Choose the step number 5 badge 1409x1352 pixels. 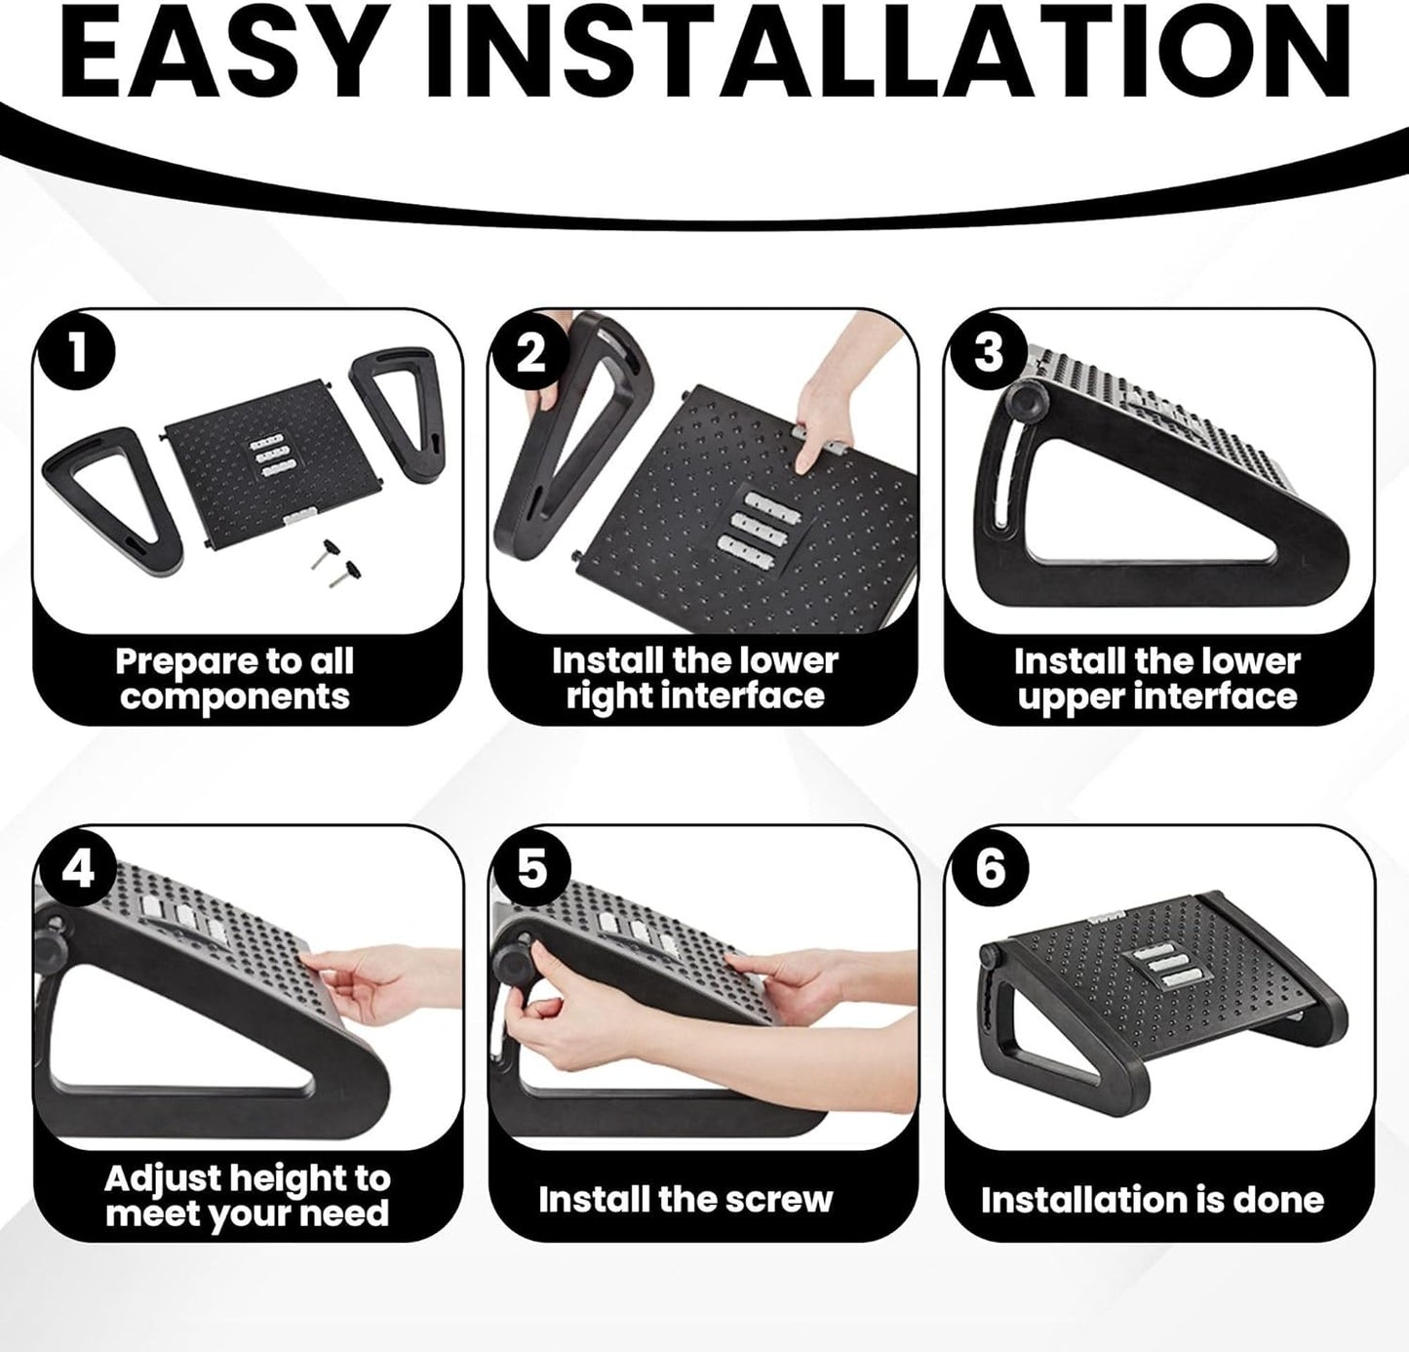tap(531, 868)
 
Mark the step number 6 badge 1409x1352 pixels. tap(989, 868)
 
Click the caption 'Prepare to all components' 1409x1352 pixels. tap(234, 679)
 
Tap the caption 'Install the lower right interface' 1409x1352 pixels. tap(694, 679)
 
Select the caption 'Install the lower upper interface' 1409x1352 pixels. tap(1157, 679)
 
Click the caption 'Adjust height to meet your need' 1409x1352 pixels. tap(247, 1196)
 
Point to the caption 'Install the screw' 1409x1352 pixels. tap(685, 1199)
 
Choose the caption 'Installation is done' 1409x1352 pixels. tap(1153, 1199)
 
